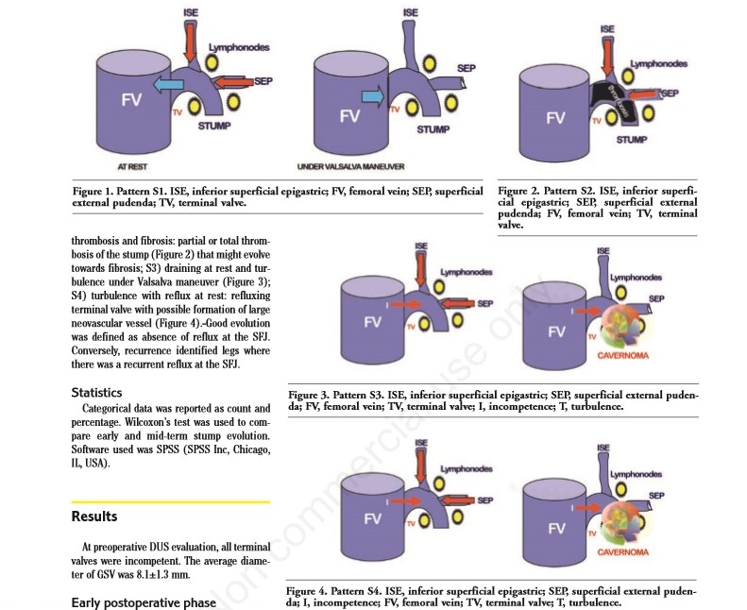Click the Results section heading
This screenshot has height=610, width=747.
(x=94, y=517)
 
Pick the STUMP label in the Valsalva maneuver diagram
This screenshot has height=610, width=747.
(x=433, y=128)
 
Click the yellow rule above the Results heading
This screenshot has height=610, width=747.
(x=170, y=502)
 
